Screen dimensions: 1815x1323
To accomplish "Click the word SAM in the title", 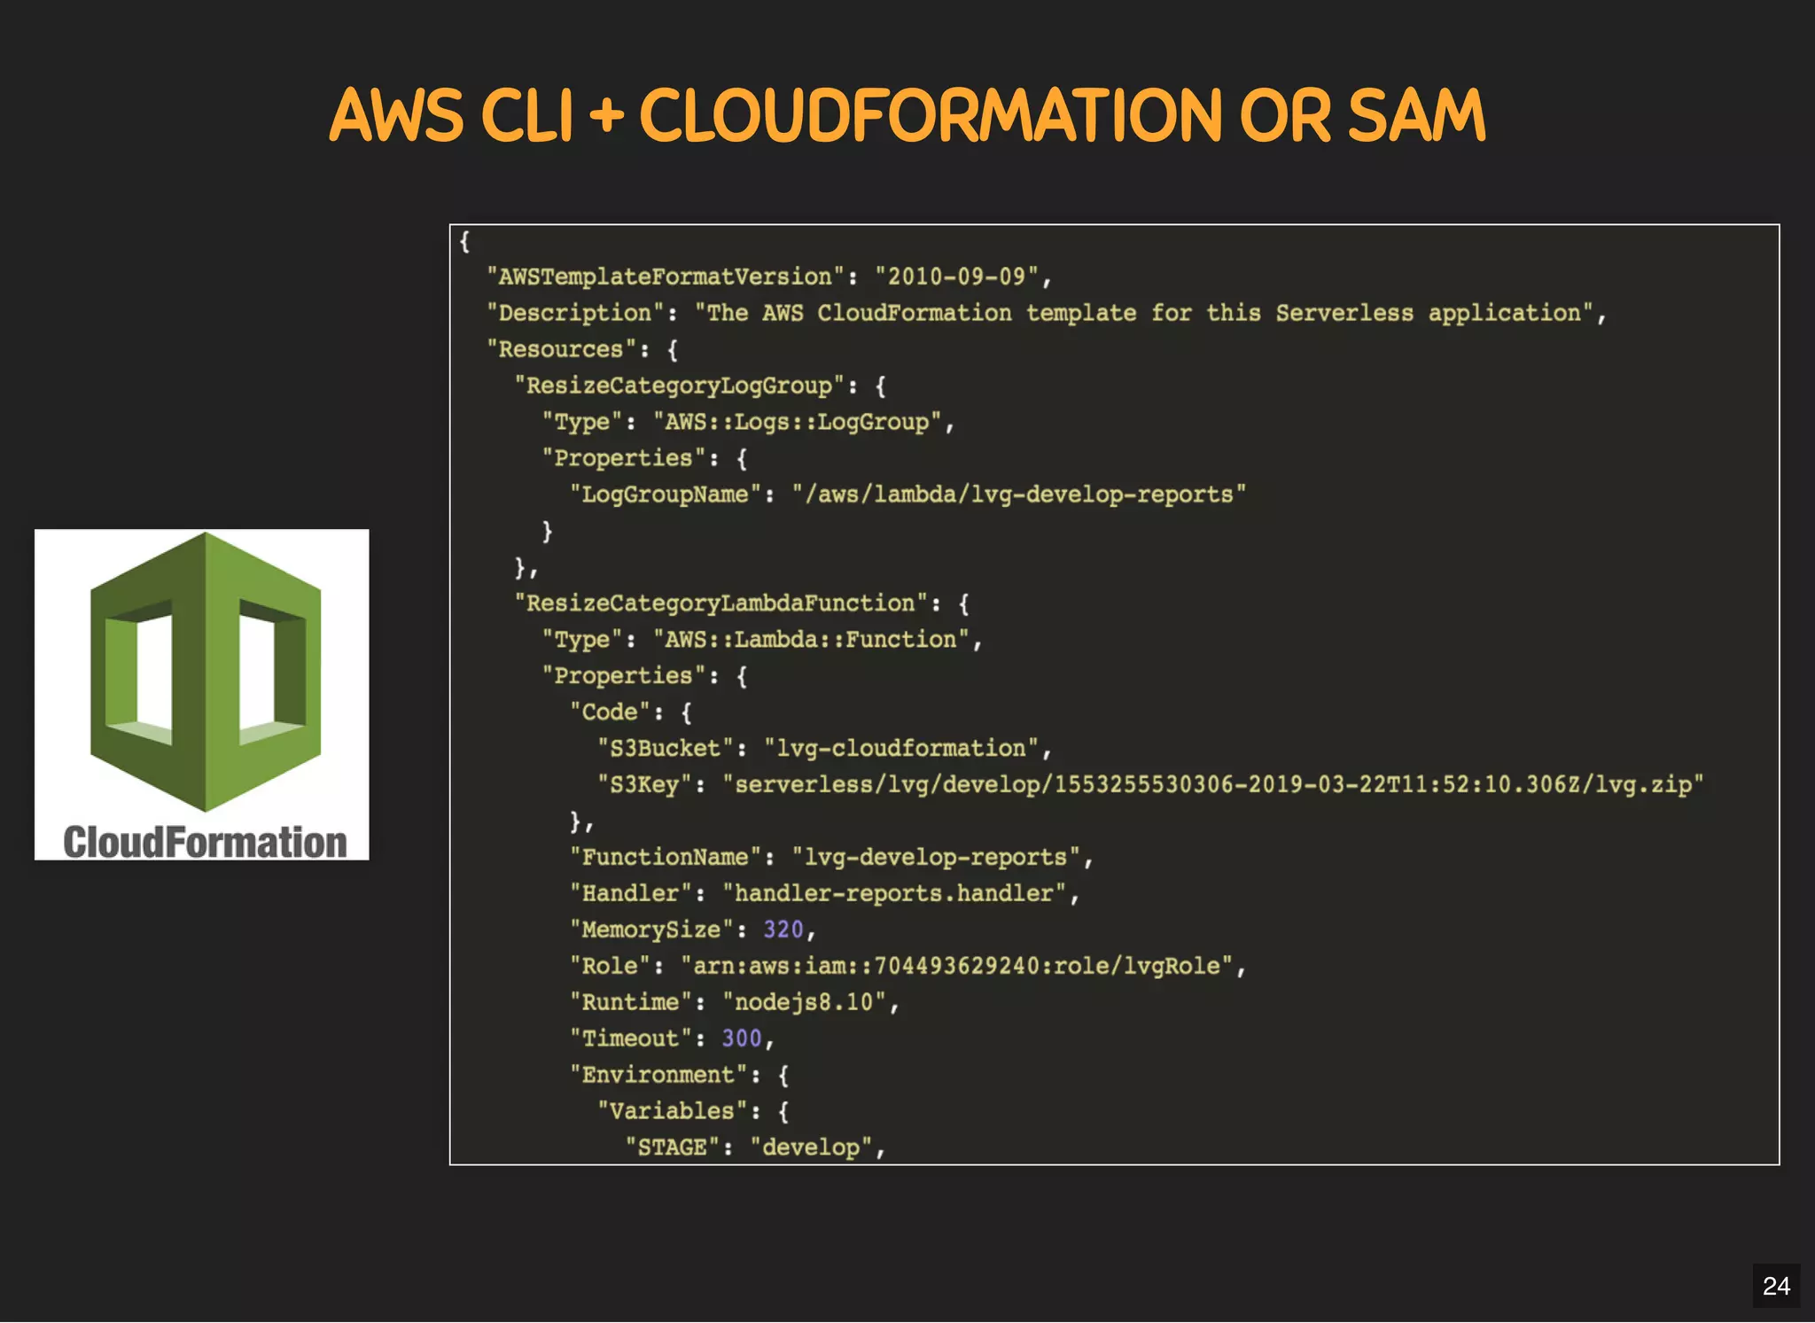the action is tap(1415, 116).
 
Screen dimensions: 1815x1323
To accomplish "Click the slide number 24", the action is tap(1776, 1286).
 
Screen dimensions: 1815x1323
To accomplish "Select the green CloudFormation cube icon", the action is tap(206, 671).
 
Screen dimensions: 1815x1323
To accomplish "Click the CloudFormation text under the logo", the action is tap(205, 842).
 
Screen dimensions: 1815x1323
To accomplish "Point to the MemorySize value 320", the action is tap(783, 930).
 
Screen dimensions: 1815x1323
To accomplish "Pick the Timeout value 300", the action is tap(742, 1039).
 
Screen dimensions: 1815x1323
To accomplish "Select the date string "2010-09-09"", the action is tap(956, 276).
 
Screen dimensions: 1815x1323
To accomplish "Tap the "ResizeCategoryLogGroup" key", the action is tap(679, 385).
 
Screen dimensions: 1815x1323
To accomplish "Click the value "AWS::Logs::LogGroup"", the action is tap(797, 422).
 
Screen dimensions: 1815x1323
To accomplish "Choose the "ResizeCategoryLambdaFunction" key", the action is tap(721, 603).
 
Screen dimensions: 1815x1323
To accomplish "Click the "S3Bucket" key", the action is tap(665, 749).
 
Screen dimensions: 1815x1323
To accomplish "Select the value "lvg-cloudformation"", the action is tap(901, 749).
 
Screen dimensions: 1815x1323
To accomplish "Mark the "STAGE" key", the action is tap(672, 1148).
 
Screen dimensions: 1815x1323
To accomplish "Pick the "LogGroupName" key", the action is tap(665, 494).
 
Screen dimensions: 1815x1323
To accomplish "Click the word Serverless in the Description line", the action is tap(1344, 313).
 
